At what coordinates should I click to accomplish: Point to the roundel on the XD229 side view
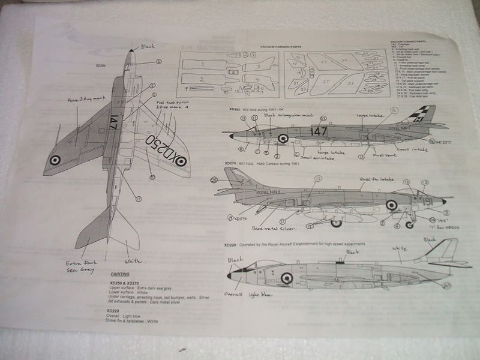(x=287, y=278)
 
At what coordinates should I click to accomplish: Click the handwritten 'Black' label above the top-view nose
(x=148, y=46)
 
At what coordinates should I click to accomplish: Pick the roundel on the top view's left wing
(x=55, y=160)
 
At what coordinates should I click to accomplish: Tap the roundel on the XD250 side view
(x=283, y=138)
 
